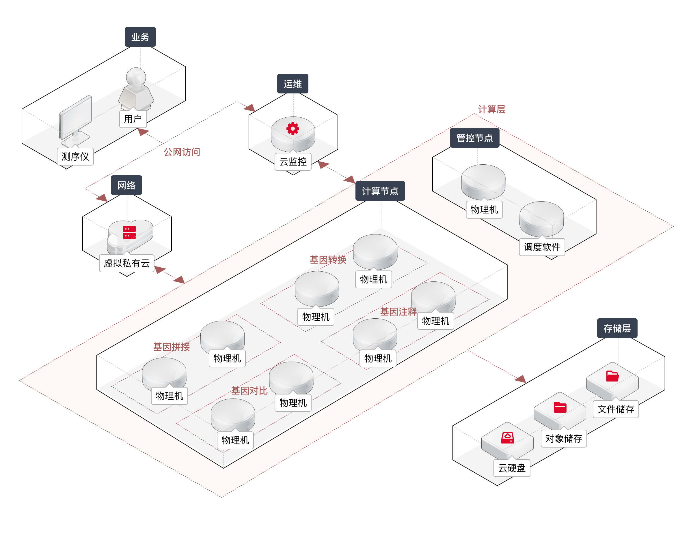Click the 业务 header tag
point(140,37)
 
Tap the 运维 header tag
point(293,84)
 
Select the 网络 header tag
point(126,185)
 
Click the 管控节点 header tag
point(474,138)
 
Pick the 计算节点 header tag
point(380,191)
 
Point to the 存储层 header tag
point(617,328)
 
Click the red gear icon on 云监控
point(293,128)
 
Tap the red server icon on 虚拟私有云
point(129,232)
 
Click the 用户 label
point(133,119)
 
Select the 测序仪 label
point(75,157)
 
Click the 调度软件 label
point(542,247)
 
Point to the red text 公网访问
point(182,152)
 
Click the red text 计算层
point(491,109)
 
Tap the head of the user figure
point(136,76)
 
